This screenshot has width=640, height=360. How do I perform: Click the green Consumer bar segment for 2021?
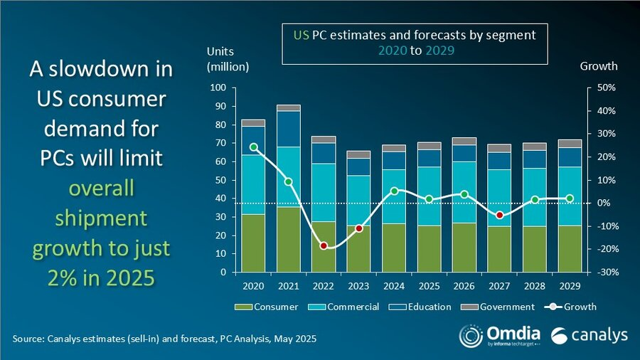(x=289, y=239)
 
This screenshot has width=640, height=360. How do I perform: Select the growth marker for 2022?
(x=324, y=245)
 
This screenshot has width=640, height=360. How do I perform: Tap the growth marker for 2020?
(x=254, y=147)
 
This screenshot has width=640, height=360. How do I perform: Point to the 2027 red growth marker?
(x=500, y=215)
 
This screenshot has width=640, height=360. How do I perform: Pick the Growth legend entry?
(x=572, y=307)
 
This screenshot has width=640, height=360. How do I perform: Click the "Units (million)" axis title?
(x=228, y=60)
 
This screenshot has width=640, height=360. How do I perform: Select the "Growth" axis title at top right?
(x=599, y=66)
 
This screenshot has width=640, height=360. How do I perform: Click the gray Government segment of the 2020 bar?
(x=254, y=123)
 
